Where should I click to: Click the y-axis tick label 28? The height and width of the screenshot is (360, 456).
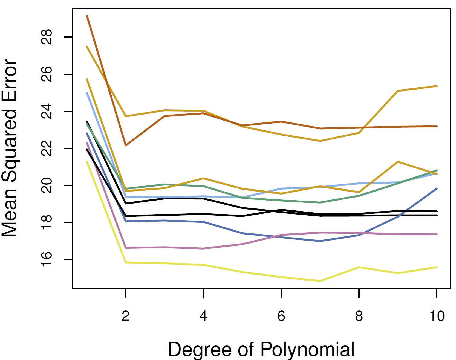(47, 37)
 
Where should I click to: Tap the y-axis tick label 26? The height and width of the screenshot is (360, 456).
(47, 74)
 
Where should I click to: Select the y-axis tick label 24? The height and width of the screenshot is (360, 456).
(47, 111)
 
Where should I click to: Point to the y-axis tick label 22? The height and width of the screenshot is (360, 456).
(47, 148)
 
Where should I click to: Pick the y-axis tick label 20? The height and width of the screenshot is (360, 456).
(47, 185)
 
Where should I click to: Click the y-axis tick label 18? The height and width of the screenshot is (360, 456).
(47, 222)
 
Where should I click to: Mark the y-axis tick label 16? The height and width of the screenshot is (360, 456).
(47, 259)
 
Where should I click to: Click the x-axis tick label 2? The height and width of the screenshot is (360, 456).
(126, 316)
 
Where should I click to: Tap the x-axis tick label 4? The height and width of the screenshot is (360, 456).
(203, 316)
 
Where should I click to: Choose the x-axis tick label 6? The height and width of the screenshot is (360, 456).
(281, 316)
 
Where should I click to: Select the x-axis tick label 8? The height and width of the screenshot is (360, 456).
(359, 316)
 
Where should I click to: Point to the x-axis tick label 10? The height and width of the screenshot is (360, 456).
(437, 316)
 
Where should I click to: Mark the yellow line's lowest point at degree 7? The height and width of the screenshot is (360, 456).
(320, 281)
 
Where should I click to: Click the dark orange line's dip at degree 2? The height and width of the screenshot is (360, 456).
(126, 145)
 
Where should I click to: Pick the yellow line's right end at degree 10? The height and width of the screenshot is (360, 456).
(437, 267)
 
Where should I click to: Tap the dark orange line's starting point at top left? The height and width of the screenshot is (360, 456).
(87, 16)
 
